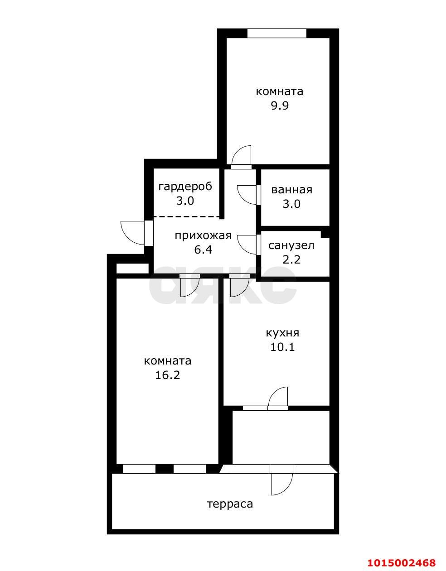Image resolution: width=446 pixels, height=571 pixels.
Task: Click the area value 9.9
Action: coord(280,106)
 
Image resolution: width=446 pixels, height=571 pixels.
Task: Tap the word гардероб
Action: coord(185,187)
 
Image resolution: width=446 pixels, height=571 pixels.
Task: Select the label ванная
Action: coord(291,190)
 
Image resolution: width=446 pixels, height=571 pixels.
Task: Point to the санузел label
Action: coord(291,245)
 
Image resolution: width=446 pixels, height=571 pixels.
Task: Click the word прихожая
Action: coord(203,235)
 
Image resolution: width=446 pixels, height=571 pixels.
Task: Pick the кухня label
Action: coord(282,333)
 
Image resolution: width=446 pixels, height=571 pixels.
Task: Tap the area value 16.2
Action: coord(167,375)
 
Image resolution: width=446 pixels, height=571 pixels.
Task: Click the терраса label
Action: coord(230,504)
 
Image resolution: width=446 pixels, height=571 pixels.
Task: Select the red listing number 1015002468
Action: coord(402,562)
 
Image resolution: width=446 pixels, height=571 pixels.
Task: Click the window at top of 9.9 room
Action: coord(276,34)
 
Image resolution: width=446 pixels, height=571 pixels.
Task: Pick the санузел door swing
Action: coord(247,245)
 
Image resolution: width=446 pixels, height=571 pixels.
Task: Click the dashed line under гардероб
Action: coord(187,217)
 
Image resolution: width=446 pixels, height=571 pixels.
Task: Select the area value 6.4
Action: coord(203,250)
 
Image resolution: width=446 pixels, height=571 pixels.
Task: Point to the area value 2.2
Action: coord(291,259)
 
